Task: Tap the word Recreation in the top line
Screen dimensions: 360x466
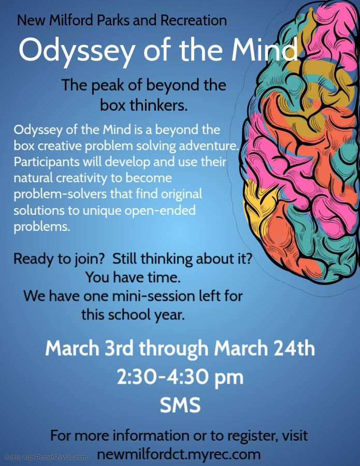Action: pos(194,20)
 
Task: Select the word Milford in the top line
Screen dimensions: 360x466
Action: pos(71,20)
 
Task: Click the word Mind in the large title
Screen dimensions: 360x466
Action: pos(265,49)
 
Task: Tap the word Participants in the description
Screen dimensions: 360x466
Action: pos(47,162)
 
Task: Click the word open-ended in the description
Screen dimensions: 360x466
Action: pos(160,210)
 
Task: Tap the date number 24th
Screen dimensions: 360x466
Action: pos(295,348)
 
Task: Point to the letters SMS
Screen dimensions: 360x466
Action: pos(180,405)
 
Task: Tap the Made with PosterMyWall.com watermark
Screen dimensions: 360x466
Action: pos(46,457)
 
